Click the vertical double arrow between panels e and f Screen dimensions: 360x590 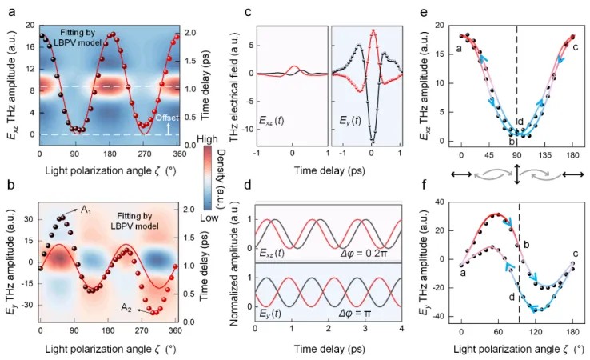[517, 173]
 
